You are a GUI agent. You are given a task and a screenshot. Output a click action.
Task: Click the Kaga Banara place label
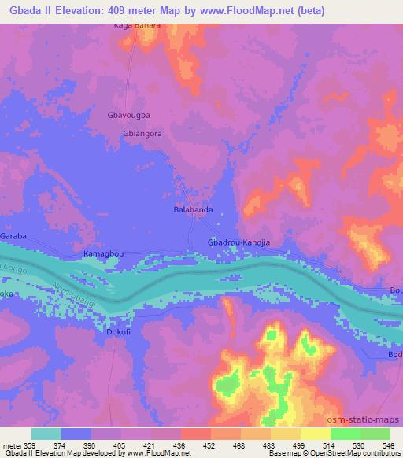pos(138,25)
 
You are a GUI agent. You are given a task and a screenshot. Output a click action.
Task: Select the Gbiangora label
pos(142,134)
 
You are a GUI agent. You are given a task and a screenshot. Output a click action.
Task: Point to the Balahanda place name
pos(194,211)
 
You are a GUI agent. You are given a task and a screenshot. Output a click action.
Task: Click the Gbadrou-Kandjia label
pos(238,242)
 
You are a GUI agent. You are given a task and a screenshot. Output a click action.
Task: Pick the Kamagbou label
pos(103,255)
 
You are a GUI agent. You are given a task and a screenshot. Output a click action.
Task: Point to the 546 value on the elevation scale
pos(389,445)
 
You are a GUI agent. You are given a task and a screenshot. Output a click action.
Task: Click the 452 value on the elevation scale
pos(209,445)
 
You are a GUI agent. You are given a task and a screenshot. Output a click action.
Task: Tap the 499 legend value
pos(299,445)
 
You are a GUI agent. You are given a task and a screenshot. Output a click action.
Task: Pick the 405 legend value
pos(120,445)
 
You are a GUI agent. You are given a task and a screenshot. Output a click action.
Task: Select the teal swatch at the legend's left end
pos(46,434)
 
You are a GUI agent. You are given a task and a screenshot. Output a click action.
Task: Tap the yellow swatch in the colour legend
pos(314,434)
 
